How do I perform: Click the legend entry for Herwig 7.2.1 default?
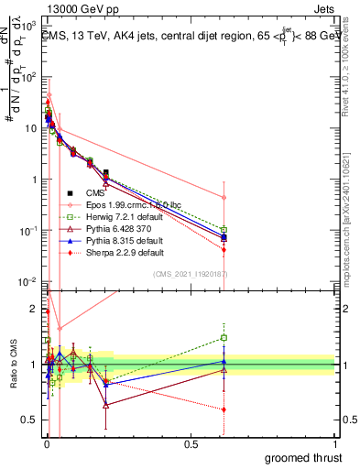pos(112,217)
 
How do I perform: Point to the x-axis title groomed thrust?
pos(304,457)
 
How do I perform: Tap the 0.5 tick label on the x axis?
pos(191,442)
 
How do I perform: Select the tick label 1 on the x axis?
pos(335,442)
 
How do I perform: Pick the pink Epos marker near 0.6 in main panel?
pos(224,197)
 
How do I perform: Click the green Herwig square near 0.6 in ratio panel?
pos(224,337)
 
